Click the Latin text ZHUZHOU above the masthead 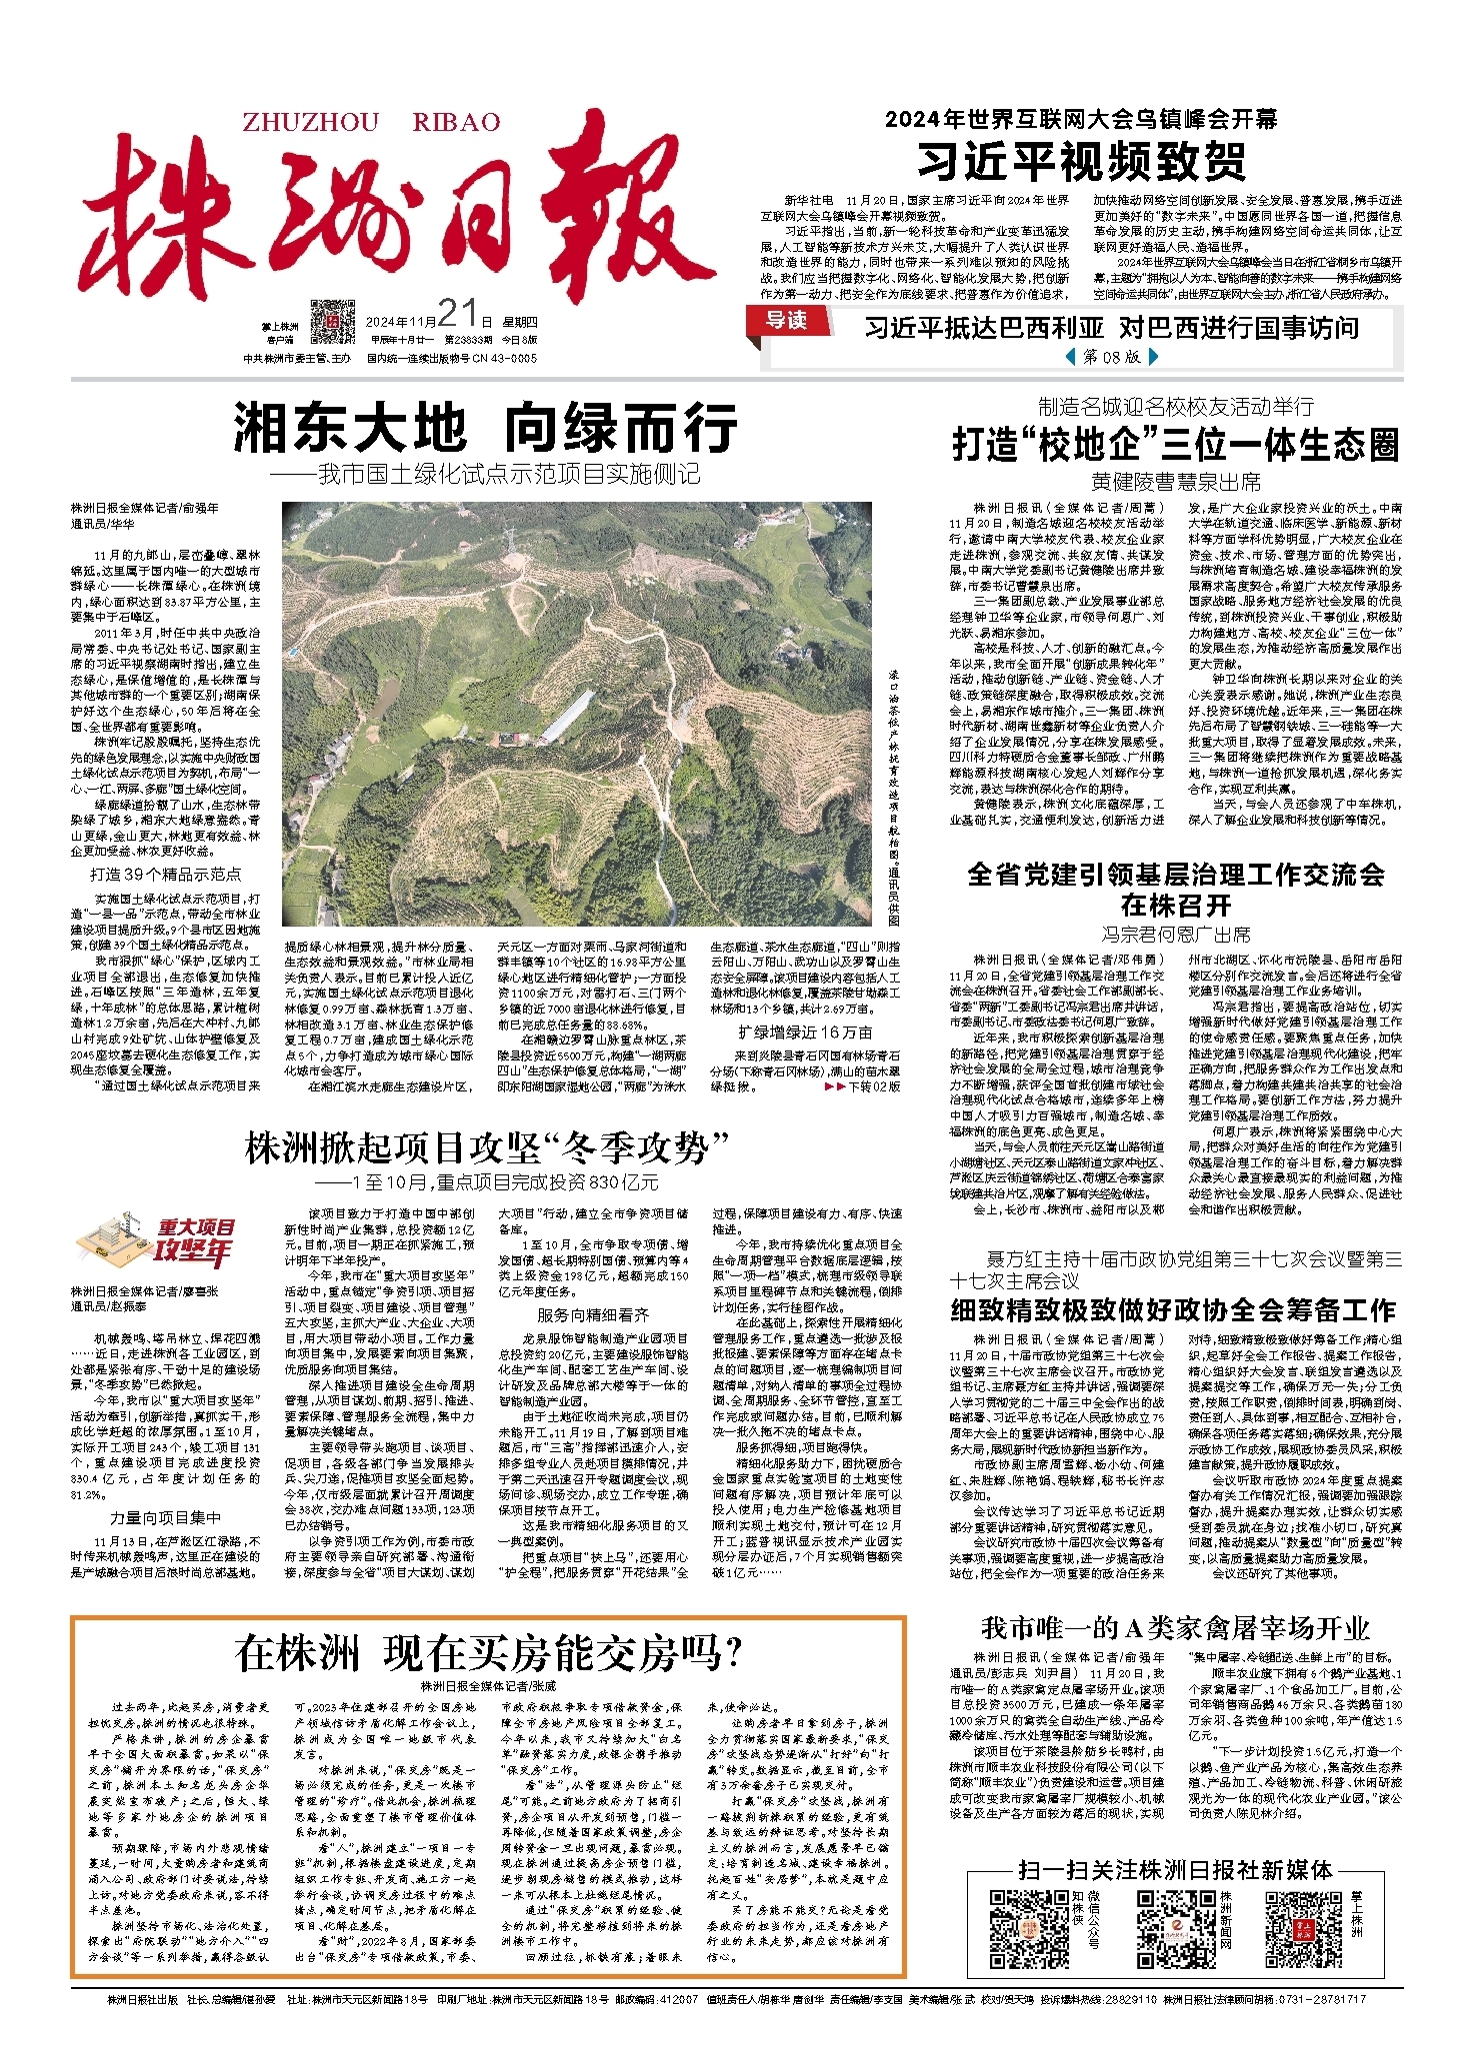[x=311, y=123]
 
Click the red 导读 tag [x=786, y=320]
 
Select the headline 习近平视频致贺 [x=1082, y=161]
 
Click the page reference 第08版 [x=1111, y=356]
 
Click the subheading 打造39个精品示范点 [x=165, y=874]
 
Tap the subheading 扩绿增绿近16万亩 [x=805, y=1031]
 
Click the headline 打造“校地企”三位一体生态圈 [x=1175, y=445]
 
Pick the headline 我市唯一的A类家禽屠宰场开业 [x=1175, y=1628]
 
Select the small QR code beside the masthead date [x=332, y=321]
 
